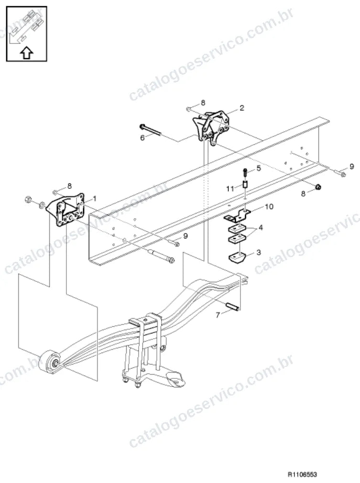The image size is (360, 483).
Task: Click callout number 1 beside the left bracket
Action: click(95, 199)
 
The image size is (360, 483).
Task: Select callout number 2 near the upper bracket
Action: click(241, 107)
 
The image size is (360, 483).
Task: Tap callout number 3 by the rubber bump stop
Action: click(259, 252)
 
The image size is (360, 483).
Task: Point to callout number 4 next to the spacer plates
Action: click(261, 228)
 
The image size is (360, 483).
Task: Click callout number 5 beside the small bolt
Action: click(259, 168)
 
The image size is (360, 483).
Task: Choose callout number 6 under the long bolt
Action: click(142, 138)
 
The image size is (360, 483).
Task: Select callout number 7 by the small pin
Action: click(218, 315)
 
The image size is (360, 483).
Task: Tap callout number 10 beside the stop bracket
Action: click(269, 206)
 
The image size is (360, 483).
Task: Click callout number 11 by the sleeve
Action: click(230, 188)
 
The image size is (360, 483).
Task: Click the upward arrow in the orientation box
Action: click(27, 53)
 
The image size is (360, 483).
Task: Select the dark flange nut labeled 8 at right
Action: click(319, 187)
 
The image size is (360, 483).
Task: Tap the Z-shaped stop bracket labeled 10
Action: click(237, 215)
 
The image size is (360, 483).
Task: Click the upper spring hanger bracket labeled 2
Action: click(211, 128)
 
